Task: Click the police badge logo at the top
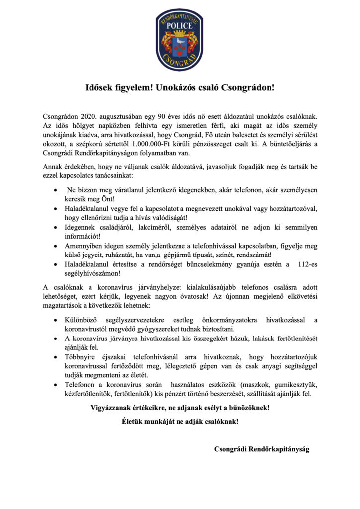pyautogui.click(x=180, y=41)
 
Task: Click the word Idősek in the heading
pyautogui.click(x=101, y=88)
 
